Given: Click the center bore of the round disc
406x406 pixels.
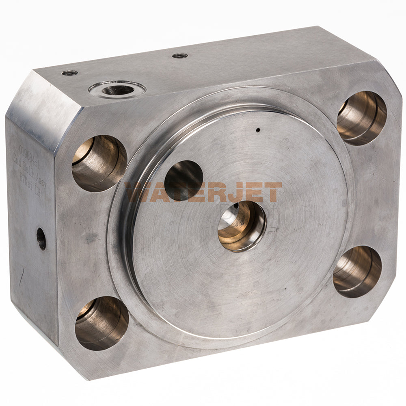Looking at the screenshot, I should [x=242, y=225].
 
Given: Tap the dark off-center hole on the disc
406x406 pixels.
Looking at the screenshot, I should [x=184, y=180].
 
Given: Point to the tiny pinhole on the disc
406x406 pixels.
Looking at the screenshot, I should [x=258, y=130].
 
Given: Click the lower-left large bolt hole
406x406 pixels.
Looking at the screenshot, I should [x=101, y=323].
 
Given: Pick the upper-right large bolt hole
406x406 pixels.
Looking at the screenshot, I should [x=362, y=118].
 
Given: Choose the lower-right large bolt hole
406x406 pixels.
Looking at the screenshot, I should [x=357, y=271].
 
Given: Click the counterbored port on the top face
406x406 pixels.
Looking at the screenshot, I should [x=117, y=89].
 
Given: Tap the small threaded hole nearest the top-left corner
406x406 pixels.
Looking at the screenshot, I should [x=70, y=73].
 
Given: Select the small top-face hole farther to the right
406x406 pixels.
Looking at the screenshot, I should [x=180, y=56].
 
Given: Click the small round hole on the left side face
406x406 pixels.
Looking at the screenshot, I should [x=41, y=239].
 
